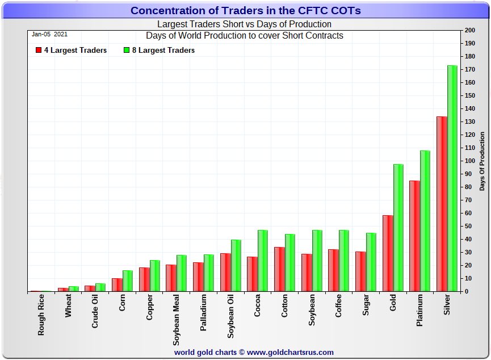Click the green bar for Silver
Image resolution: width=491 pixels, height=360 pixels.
(452, 178)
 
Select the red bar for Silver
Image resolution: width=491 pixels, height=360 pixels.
(442, 204)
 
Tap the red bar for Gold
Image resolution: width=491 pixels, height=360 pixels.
(388, 253)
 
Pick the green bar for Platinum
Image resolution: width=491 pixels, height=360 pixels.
(425, 221)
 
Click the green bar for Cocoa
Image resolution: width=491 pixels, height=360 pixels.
(263, 261)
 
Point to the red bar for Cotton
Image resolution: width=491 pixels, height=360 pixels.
(279, 269)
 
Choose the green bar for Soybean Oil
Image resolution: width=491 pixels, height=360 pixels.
(236, 266)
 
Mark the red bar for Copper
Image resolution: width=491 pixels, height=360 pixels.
(144, 279)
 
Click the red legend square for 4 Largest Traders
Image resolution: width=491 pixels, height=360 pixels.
(38, 50)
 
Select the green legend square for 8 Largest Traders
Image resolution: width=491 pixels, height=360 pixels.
(127, 50)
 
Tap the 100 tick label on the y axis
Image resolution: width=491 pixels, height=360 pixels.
(470, 161)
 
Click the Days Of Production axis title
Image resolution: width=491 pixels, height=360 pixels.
(482, 161)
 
